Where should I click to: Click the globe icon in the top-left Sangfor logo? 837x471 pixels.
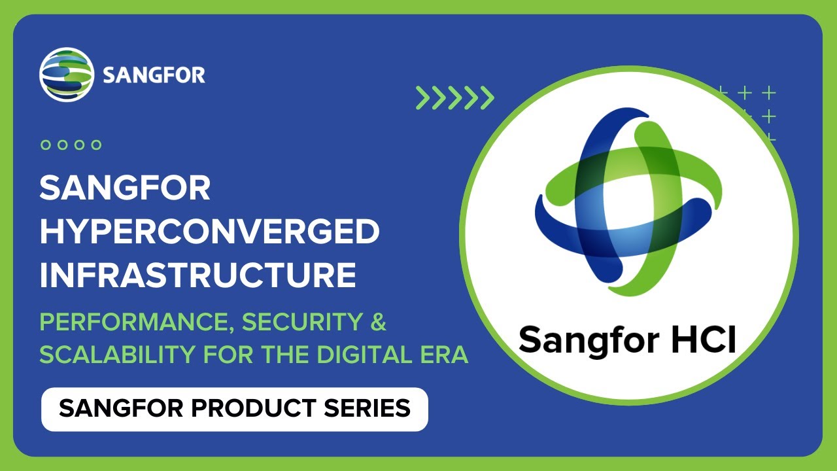pos(63,74)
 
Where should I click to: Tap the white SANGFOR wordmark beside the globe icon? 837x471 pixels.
pos(154,75)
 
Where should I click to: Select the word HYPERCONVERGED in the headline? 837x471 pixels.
pos(209,232)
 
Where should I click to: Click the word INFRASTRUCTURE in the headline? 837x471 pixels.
pos(197,275)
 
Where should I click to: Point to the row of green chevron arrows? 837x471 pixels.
pos(455,97)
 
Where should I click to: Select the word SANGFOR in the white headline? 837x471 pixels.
pos(125,189)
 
